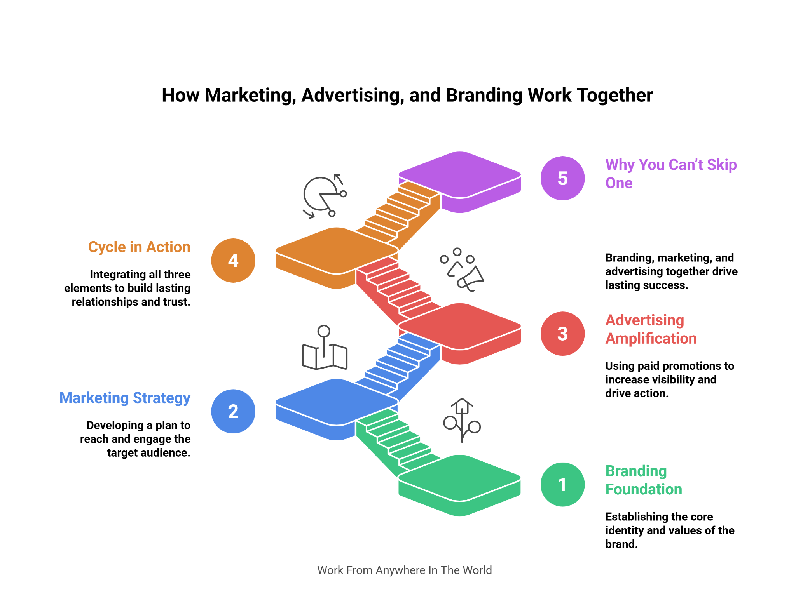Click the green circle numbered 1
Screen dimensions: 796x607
click(x=562, y=484)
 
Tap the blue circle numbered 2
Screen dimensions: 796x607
click(x=233, y=411)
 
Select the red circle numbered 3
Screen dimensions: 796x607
click(x=562, y=334)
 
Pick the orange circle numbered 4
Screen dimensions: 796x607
click(x=233, y=260)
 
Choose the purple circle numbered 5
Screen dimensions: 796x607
click(x=562, y=178)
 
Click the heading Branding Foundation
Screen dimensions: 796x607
click(x=644, y=480)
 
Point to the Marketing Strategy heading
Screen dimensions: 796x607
click(x=125, y=398)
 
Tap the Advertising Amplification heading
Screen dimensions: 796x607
click(x=651, y=329)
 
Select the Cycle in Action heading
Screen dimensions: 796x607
click(x=139, y=247)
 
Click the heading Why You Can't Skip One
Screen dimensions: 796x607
click(x=671, y=174)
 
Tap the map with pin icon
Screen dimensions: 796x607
click(x=325, y=348)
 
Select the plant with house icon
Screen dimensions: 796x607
click(x=462, y=421)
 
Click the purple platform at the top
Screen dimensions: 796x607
click(x=460, y=182)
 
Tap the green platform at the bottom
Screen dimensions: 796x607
click(x=460, y=485)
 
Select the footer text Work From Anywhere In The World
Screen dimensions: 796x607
click(x=405, y=570)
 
